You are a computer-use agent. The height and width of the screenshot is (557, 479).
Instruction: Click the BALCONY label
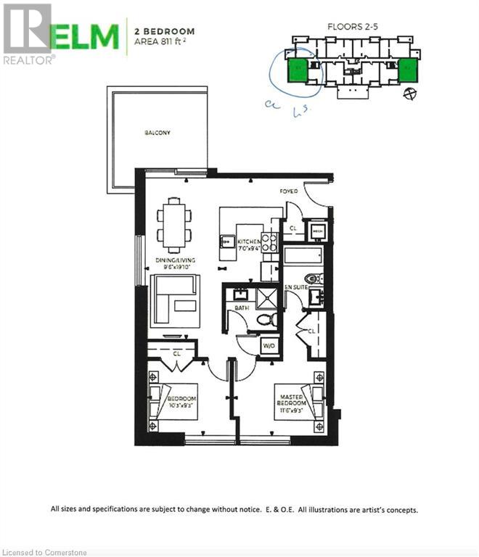coord(157,133)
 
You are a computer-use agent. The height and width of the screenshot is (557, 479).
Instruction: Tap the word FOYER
coord(289,192)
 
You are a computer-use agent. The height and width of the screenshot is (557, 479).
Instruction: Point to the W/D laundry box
coord(269,345)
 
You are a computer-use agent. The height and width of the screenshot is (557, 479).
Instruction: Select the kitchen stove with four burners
coord(269,242)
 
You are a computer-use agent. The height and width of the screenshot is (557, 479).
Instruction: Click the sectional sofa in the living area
coord(175,300)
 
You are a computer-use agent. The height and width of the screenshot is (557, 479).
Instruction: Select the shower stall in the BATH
coord(259,296)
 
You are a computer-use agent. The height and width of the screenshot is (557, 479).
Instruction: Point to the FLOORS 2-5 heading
coord(353,26)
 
